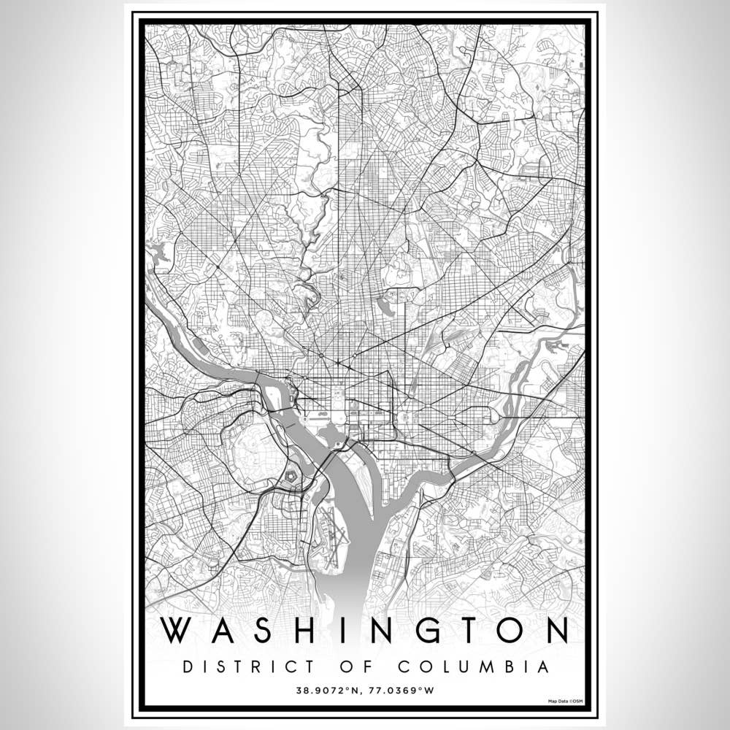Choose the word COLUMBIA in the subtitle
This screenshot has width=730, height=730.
tap(474, 667)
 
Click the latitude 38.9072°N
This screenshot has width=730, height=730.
tap(327, 688)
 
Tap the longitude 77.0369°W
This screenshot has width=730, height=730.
tap(402, 688)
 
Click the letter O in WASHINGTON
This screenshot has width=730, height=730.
tap(500, 631)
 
